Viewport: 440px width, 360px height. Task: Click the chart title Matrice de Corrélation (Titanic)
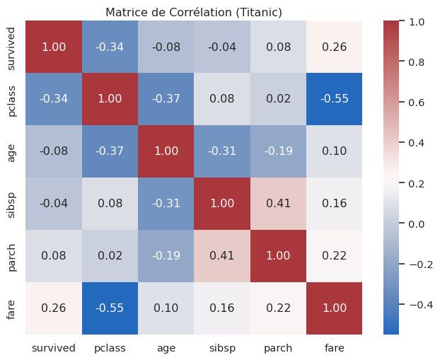point(194,12)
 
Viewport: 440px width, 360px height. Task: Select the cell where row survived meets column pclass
point(110,47)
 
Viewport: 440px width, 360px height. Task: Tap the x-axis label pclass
point(110,347)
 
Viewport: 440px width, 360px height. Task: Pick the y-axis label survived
point(11,47)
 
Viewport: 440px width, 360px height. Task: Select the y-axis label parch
point(11,255)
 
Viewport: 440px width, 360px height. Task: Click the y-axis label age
point(11,151)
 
